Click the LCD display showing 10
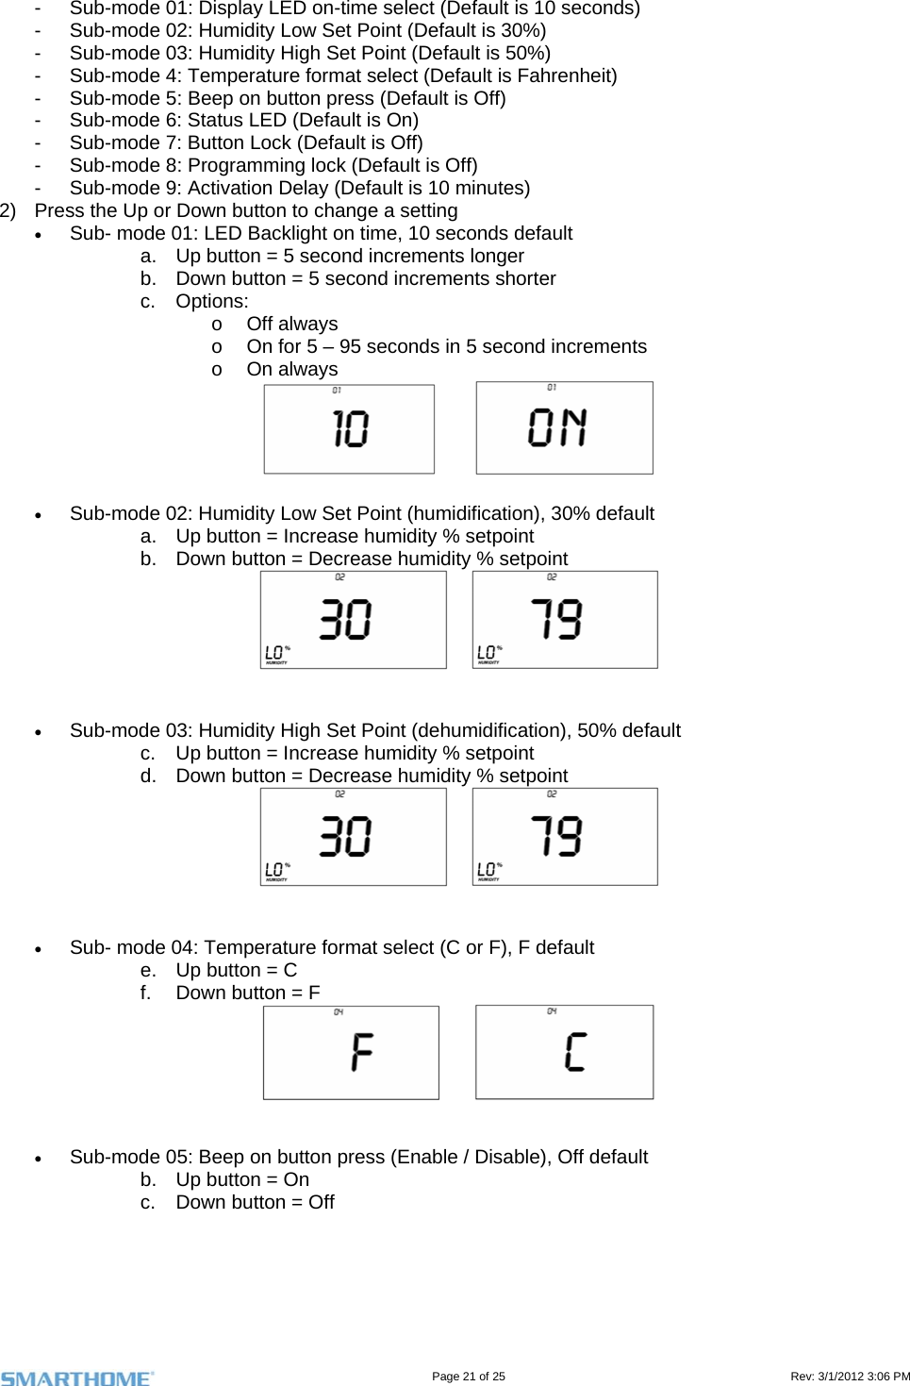pos(349,429)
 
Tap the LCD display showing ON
pos(564,427)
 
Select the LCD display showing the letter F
pos(351,1052)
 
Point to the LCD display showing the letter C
pos(564,1052)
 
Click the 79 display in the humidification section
pos(564,620)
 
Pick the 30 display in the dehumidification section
pos(353,837)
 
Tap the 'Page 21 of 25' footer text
pos(468,1377)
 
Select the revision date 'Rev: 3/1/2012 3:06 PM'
pos(849,1377)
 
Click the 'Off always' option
pos(291,324)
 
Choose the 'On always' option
pos(291,369)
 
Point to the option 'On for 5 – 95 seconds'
pos(446,346)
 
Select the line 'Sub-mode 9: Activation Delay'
pos(299,188)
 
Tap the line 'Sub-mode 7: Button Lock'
pos(245,142)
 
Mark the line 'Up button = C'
pos(236,970)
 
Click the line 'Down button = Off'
pos(255,1202)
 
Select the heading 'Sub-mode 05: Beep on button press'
pos(358,1157)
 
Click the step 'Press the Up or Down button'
pos(245,210)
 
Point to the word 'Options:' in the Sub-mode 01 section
pos(212,301)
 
